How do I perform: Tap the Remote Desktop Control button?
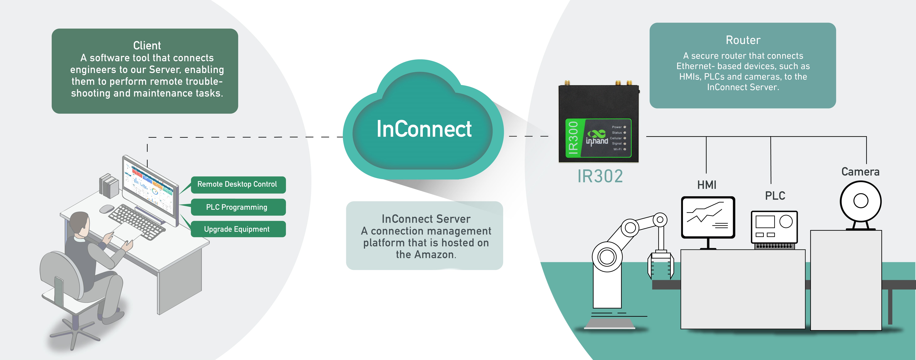tap(237, 184)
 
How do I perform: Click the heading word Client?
tap(147, 46)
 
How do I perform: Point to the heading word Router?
tap(743, 40)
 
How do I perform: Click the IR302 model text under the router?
tap(600, 176)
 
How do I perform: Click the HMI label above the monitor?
tap(707, 185)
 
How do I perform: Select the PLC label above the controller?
tap(775, 196)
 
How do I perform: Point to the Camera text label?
tap(860, 172)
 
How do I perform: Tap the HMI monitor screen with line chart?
tap(708, 217)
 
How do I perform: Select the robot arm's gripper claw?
tap(660, 265)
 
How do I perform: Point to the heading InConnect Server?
tap(426, 219)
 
